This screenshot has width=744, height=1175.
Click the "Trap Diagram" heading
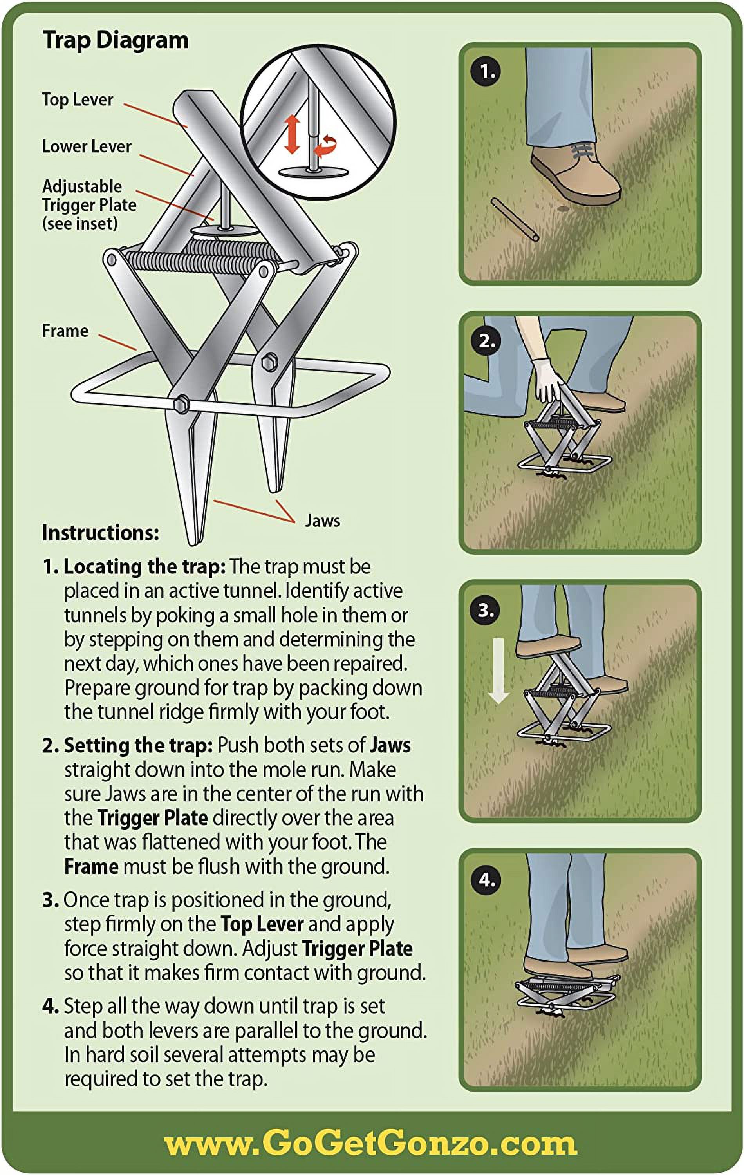(116, 40)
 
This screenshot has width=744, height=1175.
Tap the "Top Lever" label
(78, 99)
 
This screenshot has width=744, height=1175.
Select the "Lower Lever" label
(87, 146)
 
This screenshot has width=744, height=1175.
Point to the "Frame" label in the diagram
(65, 331)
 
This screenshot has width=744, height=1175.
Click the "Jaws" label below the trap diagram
(323, 521)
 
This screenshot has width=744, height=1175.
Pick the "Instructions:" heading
(101, 533)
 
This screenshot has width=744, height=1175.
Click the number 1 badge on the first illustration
(486, 72)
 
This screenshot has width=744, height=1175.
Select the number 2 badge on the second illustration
(486, 341)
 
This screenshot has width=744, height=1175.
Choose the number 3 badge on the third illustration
(486, 610)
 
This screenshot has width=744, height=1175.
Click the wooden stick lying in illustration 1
(515, 220)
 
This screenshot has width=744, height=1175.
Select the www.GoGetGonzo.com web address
(371, 1143)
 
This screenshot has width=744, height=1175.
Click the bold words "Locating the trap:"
(145, 566)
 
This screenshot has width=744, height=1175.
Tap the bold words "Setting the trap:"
(139, 745)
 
